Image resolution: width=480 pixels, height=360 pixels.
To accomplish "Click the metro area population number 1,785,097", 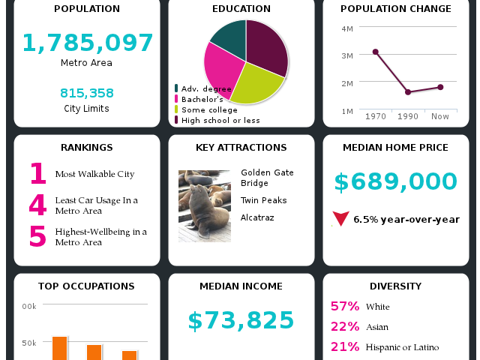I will click(87, 43).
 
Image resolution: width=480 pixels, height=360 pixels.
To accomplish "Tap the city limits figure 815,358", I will click(87, 93).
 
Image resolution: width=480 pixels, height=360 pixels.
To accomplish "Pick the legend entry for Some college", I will click(209, 109).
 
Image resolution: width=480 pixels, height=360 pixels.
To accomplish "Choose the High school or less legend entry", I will click(220, 120).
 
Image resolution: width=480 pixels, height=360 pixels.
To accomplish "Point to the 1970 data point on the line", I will click(375, 52).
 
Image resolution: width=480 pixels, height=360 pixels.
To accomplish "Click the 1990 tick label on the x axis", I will click(408, 117).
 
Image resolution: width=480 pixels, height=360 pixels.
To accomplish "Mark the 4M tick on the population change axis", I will click(346, 28).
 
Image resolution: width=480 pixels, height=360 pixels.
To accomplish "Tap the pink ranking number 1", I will click(37, 174).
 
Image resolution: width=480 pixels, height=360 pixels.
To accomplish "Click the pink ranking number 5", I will click(37, 236).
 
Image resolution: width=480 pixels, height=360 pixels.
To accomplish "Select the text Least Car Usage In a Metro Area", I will click(96, 205).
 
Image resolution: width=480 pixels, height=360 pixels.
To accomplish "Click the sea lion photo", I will click(204, 205).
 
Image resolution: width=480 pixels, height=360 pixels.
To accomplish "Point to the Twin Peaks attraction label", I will click(263, 200).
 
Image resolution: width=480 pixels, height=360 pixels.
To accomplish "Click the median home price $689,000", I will click(395, 181).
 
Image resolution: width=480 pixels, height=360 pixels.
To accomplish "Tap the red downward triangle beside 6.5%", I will click(340, 219).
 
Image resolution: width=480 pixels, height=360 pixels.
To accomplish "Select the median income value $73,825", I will click(241, 320).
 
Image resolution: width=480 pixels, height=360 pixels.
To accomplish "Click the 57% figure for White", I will click(345, 306).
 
